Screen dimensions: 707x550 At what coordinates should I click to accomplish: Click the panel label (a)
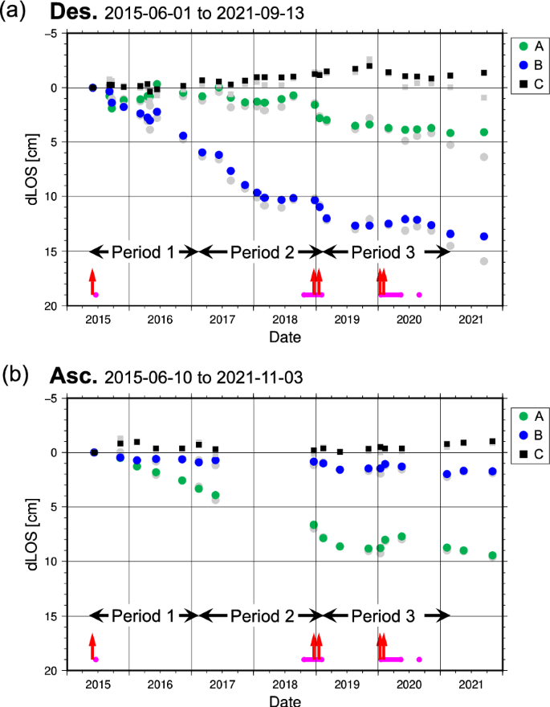click(17, 12)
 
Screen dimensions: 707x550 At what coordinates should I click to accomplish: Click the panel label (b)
click(17, 375)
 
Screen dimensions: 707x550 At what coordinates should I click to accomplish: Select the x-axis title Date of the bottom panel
click(285, 701)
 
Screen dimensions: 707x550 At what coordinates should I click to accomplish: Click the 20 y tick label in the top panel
click(49, 306)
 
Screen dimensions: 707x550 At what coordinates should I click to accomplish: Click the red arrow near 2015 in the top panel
click(92, 282)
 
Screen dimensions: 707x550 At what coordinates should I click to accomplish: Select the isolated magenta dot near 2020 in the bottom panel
click(419, 660)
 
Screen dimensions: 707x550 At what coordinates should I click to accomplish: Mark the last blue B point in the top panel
click(483, 236)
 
